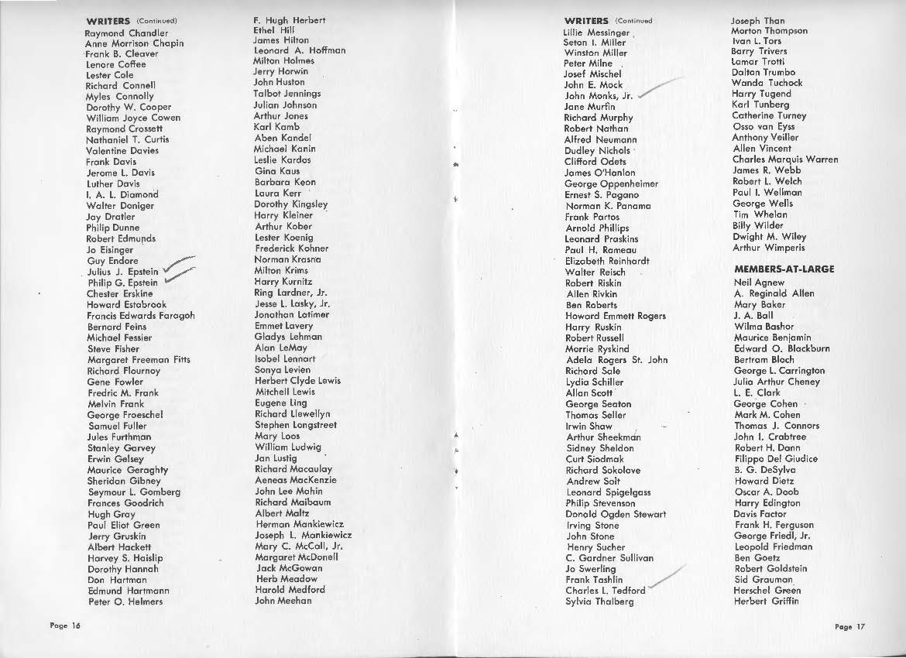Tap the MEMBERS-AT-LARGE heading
point(784,269)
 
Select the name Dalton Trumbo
point(764,71)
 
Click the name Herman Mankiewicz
point(299,524)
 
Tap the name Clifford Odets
point(595,162)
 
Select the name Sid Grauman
point(763,579)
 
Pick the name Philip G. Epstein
point(123,283)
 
